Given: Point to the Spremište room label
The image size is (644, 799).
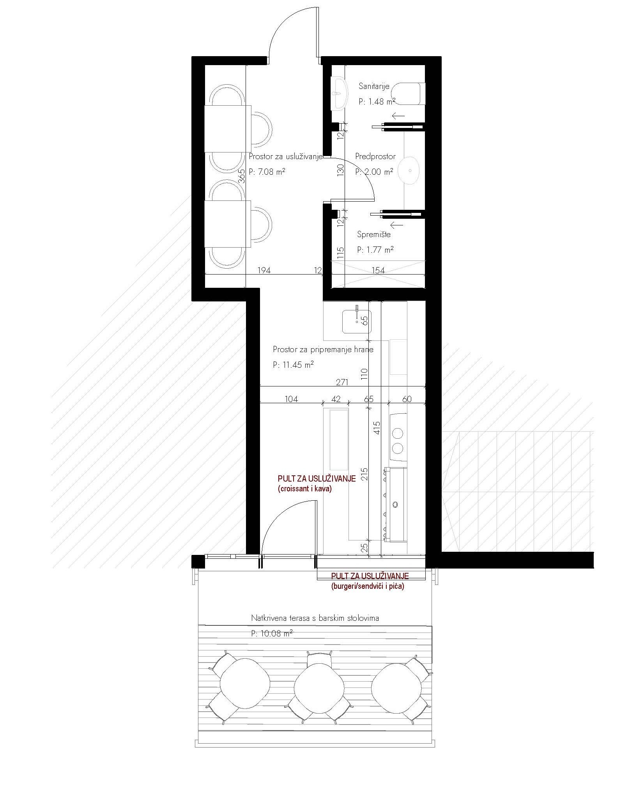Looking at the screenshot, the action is coord(374,234).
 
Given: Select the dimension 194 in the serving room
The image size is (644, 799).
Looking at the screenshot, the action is coord(264,270).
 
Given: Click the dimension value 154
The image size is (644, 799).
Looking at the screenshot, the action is coord(378,270).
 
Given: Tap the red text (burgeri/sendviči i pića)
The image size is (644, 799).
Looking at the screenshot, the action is coord(368,586).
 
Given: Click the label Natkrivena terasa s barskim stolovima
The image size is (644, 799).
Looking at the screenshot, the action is coord(315,618).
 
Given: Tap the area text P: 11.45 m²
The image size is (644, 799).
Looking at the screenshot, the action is coord(294,365).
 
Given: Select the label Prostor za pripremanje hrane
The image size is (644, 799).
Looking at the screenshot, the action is coord(323,349).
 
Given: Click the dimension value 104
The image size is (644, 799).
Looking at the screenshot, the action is coord(292,399).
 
